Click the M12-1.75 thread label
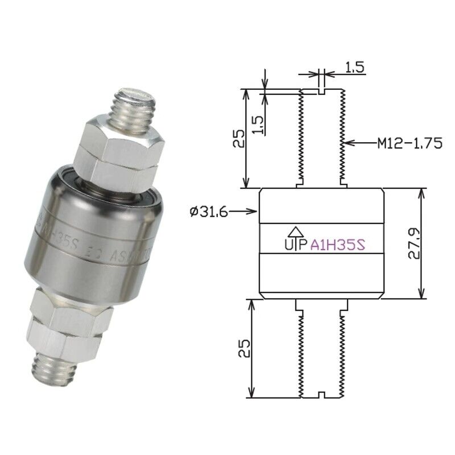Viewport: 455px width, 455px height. click(x=409, y=143)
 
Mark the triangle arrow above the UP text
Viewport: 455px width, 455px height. click(x=295, y=231)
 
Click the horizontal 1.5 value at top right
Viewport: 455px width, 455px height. click(x=354, y=67)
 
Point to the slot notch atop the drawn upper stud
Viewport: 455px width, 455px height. click(x=322, y=90)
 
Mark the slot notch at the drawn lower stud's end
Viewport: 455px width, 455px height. click(x=322, y=394)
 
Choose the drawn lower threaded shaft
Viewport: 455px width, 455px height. click(x=322, y=350)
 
